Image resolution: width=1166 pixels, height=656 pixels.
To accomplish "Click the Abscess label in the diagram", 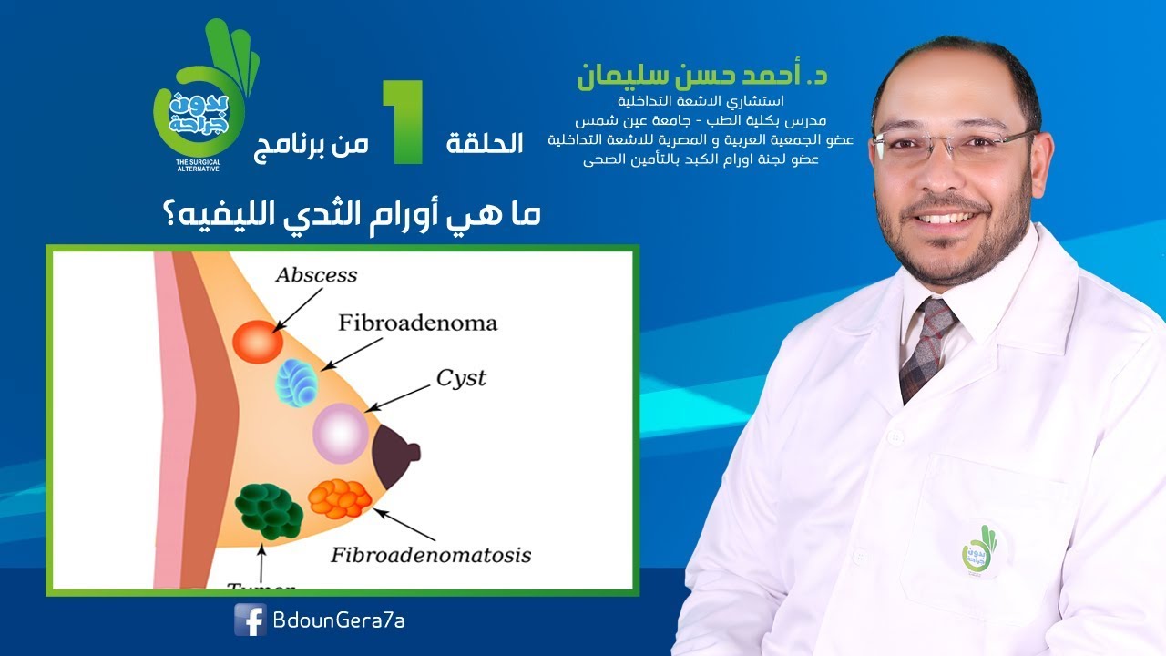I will coord(317,274).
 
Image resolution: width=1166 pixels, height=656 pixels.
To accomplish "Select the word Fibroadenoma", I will coord(417,323).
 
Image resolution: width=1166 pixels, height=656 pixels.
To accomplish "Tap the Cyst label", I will coord(461,377).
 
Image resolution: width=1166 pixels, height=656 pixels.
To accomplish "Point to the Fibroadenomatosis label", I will coord(431,554).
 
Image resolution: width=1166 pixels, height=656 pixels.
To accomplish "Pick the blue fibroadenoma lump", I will coord(298,381).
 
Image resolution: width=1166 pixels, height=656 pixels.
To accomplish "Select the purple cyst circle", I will coord(340,433).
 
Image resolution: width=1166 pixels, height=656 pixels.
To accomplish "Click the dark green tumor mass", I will coord(269,510).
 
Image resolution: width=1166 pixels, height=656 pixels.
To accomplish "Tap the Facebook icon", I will coord(250,620).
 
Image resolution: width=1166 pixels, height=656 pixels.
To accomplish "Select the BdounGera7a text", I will coord(338,620).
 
